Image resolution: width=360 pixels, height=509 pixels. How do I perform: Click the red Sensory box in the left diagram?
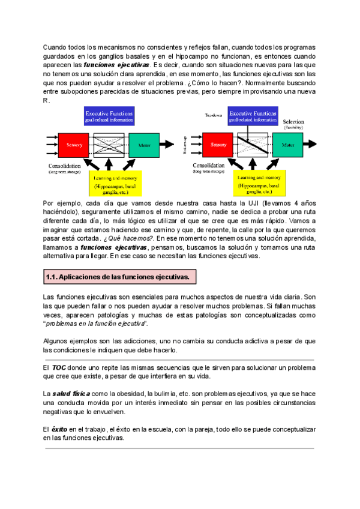coord(75,145)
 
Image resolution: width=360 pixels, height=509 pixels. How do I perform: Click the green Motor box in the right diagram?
coord(288,145)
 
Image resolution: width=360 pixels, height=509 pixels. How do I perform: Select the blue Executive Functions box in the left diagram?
coord(109,116)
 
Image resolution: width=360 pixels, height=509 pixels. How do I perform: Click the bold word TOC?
coord(59,366)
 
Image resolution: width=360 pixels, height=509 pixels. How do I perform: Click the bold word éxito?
coord(59,429)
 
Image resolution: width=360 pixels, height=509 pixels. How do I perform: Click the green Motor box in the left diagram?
coord(144,145)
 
